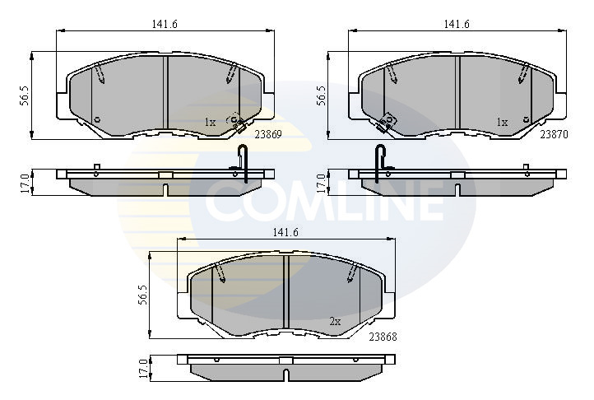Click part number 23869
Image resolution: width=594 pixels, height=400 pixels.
268,135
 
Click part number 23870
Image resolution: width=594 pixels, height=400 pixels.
554,135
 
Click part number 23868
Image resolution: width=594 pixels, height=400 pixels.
383,337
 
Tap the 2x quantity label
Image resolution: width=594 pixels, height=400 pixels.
335,322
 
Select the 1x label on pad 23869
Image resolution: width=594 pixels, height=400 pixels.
210,122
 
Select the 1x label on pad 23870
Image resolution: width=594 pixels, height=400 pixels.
502,122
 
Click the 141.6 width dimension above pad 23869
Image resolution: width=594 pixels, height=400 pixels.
165,24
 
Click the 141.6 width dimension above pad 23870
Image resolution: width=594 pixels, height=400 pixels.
457,24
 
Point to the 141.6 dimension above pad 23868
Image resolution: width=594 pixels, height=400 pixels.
285,233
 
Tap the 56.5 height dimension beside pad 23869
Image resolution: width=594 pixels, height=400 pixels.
25,95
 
